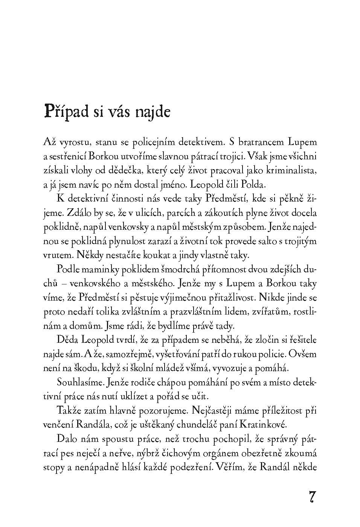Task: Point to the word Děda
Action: (66, 340)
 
